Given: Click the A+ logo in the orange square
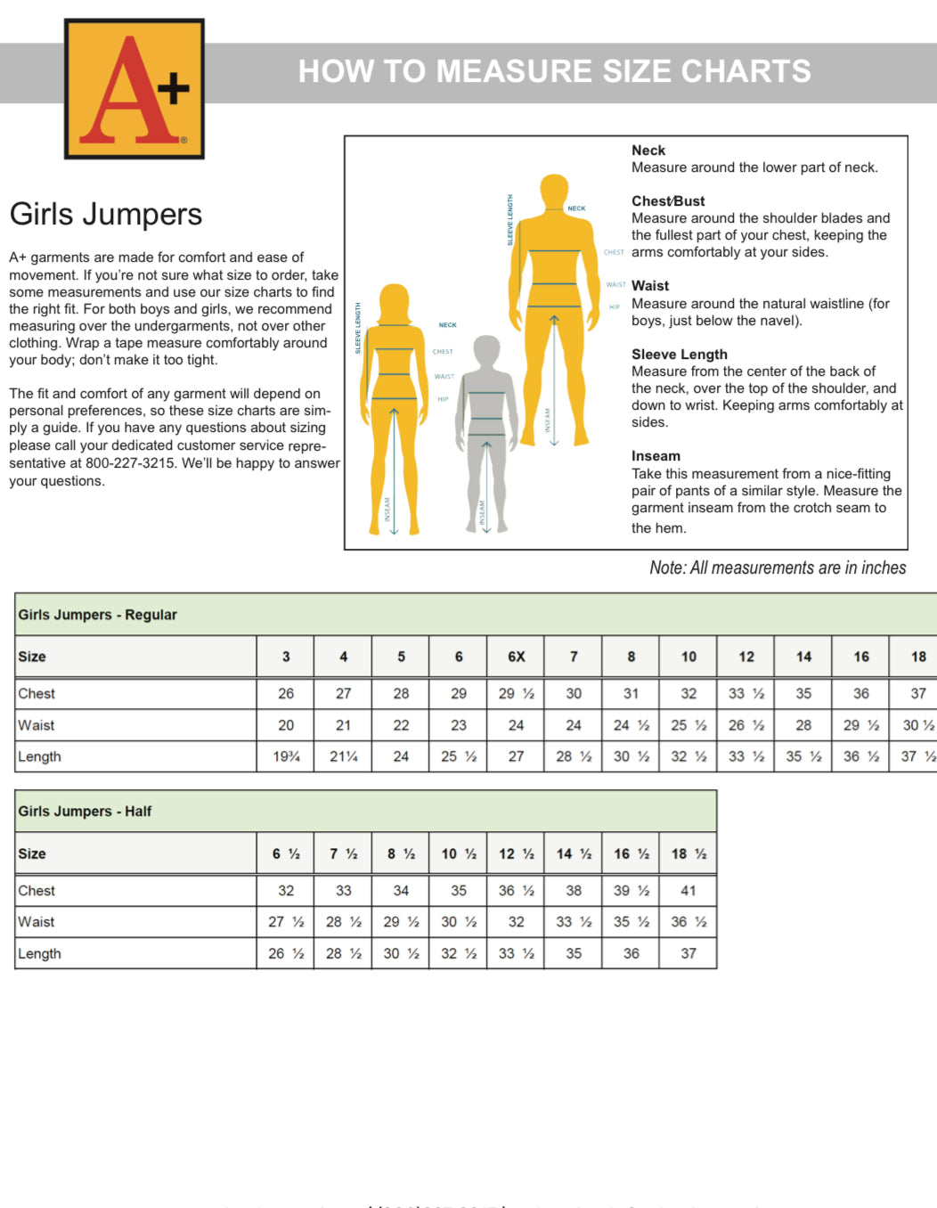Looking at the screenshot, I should coord(134,89).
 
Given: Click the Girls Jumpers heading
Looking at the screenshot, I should coord(106,215).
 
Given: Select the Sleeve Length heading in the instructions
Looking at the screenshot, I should coord(679,355).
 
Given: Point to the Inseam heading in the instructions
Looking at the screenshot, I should coord(656,456).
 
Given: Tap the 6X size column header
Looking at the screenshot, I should coord(516,657).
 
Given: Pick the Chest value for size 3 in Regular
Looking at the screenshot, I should coord(286,693).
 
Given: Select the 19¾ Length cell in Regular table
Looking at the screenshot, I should coord(286,756).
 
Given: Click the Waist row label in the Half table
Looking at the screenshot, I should coord(37,922).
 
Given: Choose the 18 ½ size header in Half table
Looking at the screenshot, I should coord(688,853).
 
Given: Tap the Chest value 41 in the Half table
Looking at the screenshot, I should coord(688,890).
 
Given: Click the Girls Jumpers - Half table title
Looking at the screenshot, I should coord(85,812).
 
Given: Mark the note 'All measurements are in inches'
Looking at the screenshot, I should coord(778,568).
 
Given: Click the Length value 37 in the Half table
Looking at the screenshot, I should coord(688,953).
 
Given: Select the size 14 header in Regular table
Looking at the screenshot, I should coord(803,657).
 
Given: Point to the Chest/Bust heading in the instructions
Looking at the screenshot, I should coord(668,201).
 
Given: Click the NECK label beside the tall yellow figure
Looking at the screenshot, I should coord(576,208).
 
